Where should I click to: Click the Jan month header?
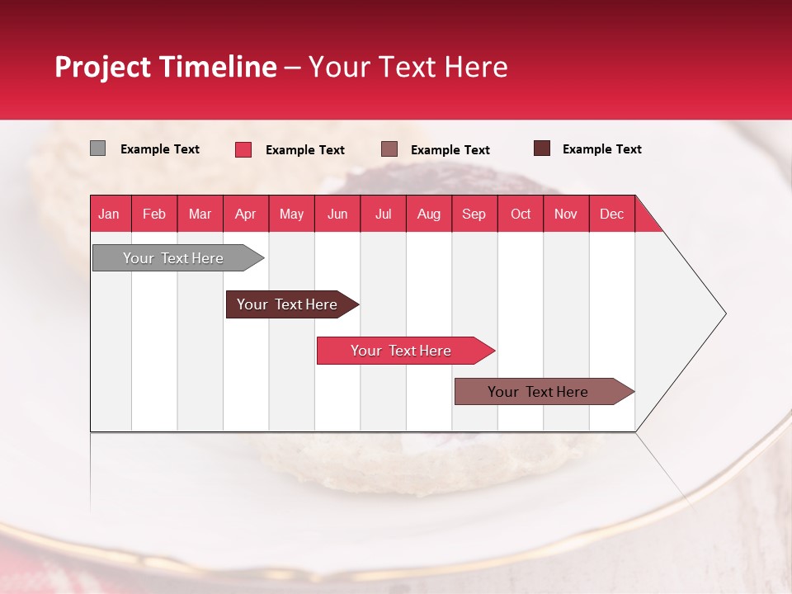[x=110, y=214]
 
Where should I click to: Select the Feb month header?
[x=154, y=214]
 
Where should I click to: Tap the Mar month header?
[x=200, y=214]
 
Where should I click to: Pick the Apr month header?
[x=246, y=214]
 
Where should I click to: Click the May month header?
[x=291, y=214]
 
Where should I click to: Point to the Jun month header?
[x=337, y=214]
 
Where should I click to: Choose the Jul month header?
[x=383, y=214]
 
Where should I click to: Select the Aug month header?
[x=429, y=214]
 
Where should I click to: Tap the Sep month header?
[x=474, y=214]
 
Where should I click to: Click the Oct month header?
[x=521, y=214]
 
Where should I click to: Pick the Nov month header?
[x=566, y=214]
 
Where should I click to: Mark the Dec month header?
[x=611, y=214]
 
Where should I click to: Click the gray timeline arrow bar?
[x=174, y=258]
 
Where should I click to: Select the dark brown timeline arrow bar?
[x=288, y=304]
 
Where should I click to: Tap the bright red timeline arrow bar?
[x=402, y=351]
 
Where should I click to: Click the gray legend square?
[x=97, y=148]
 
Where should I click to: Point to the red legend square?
[x=243, y=149]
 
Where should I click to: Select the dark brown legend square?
[x=541, y=148]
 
